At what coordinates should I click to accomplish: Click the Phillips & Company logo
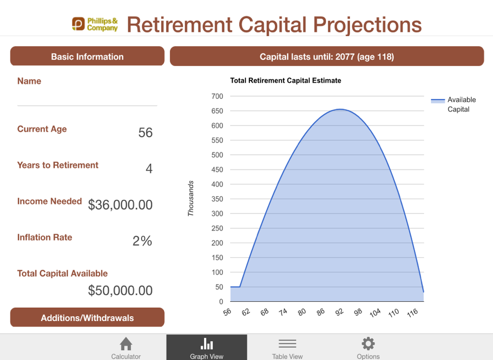(x=95, y=24)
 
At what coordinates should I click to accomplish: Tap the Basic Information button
(x=87, y=56)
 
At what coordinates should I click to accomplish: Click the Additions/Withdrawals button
(x=87, y=318)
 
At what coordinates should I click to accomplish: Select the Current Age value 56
(x=145, y=132)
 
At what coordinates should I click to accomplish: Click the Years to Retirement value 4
(x=149, y=169)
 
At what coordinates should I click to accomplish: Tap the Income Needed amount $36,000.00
(x=120, y=205)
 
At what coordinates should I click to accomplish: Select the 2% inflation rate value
(x=142, y=241)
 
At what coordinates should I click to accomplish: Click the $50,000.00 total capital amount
(x=120, y=290)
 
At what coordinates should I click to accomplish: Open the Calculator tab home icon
(x=126, y=344)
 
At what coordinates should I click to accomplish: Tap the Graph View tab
(x=207, y=347)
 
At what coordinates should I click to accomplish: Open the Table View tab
(x=287, y=347)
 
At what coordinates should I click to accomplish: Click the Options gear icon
(x=368, y=344)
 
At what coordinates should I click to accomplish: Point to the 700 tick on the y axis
(x=217, y=96)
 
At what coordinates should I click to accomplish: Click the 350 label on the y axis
(x=217, y=199)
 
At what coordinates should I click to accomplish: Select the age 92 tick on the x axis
(x=340, y=312)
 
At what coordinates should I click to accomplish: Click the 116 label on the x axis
(x=413, y=313)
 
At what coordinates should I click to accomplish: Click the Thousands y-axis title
(x=190, y=198)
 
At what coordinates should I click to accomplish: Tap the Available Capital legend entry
(x=454, y=105)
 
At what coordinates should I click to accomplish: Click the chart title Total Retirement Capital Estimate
(x=285, y=80)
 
